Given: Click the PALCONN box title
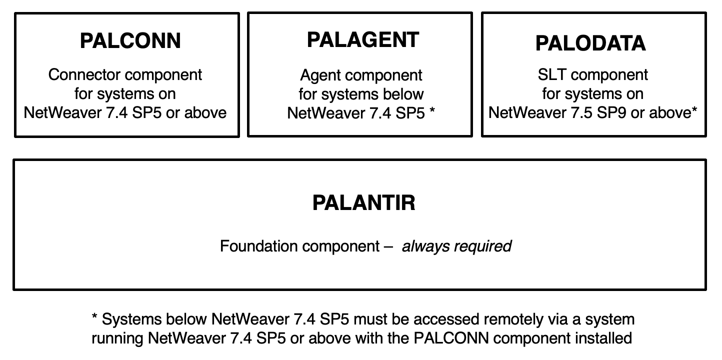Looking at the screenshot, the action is [130, 41].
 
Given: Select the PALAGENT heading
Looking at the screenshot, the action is [363, 40].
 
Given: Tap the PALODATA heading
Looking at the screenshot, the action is [590, 43].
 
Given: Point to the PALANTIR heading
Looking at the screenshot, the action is [364, 202].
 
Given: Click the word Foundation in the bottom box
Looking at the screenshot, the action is [259, 246].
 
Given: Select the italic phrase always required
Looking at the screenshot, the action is [456, 246].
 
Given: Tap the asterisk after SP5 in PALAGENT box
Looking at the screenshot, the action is [432, 110].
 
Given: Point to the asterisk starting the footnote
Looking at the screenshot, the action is [94, 316].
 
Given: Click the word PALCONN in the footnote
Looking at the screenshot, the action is [451, 338].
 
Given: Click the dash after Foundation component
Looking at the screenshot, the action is [388, 247].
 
